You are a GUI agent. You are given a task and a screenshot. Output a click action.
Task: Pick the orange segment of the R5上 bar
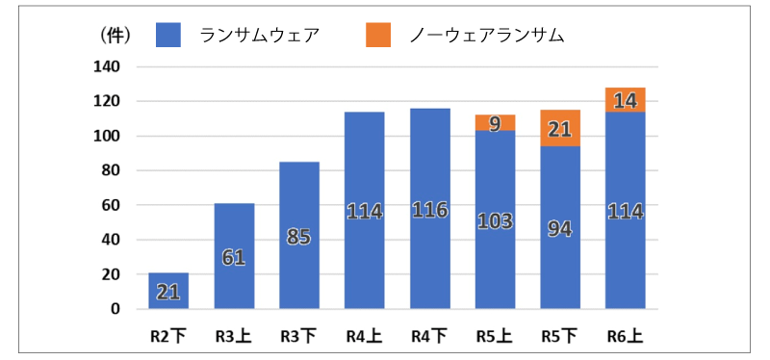pyautogui.click(x=495, y=122)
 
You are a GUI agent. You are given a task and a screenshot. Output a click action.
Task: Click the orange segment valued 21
pyautogui.click(x=560, y=128)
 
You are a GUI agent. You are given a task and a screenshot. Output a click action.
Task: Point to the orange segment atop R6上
pyautogui.click(x=626, y=99)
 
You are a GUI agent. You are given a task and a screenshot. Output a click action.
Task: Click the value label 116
pyautogui.click(x=429, y=209)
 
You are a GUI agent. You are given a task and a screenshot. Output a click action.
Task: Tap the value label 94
pyautogui.click(x=560, y=228)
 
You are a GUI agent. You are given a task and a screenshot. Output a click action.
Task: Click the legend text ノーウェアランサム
pyautogui.click(x=486, y=35)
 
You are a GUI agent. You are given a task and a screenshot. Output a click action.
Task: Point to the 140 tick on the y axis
pyautogui.click(x=107, y=66)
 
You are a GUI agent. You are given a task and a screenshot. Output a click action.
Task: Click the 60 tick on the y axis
pyautogui.click(x=111, y=205)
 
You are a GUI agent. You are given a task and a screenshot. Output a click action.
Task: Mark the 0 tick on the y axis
pyautogui.click(x=115, y=309)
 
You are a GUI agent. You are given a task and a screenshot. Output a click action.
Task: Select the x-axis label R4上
pyautogui.click(x=364, y=337)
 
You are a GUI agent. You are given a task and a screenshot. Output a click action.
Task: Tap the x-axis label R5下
pyautogui.click(x=560, y=337)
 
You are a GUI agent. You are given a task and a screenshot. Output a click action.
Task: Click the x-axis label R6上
pyautogui.click(x=626, y=337)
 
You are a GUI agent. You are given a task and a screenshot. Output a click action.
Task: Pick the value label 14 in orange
pyautogui.click(x=626, y=99)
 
